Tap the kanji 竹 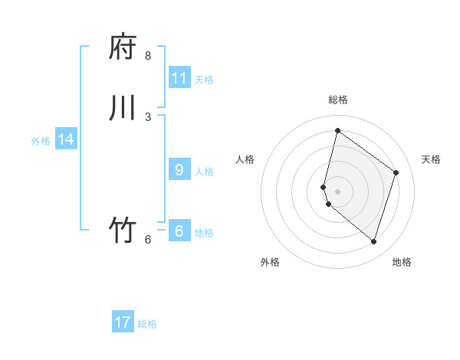coord(123,231)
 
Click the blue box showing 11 coord(179,78)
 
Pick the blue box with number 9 coord(179,170)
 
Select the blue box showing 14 coord(66,139)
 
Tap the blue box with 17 coord(123,322)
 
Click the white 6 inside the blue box coord(179,231)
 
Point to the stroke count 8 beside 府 coord(148,56)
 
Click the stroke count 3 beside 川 coord(148,116)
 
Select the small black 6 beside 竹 coord(148,239)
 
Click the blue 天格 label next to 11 coord(204,80)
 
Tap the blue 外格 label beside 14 coord(41,141)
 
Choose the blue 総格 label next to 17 coord(147,324)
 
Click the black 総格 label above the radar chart coord(338,100)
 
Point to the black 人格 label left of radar coord(245,159)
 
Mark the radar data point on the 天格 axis coord(396,172)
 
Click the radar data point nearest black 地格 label coord(373,242)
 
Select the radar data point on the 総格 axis coord(337,130)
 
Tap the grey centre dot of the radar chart coord(337,191)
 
